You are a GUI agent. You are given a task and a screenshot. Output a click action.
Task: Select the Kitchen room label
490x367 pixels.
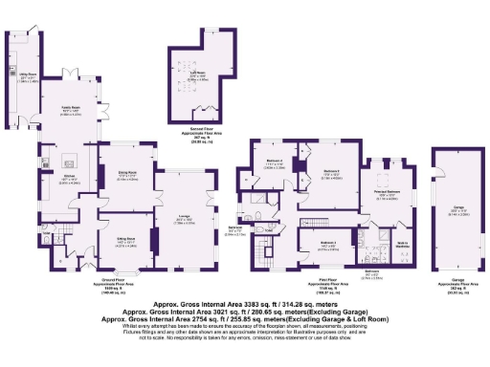(x=68, y=177)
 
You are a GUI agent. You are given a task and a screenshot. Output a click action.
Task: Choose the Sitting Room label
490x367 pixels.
(x=126, y=239)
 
